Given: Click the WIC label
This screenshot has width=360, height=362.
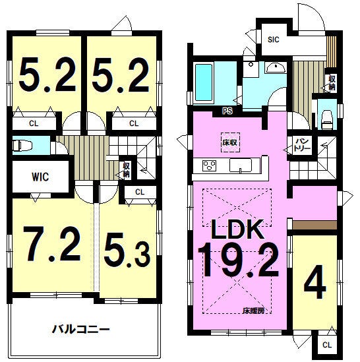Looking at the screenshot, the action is click(40, 177).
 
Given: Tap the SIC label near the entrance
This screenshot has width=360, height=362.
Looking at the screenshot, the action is click(274, 40).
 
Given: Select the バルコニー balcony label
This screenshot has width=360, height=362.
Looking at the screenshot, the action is click(81, 329).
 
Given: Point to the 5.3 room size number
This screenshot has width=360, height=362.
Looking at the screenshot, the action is click(127, 253).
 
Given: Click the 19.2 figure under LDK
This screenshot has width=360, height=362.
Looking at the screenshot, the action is click(238, 260).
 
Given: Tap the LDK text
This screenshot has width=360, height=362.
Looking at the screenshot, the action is click(237, 229).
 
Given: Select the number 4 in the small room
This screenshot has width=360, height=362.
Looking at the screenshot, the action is click(315, 282).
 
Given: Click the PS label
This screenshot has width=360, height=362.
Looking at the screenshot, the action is click(227, 111).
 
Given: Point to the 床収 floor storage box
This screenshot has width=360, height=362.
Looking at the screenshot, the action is click(230, 142).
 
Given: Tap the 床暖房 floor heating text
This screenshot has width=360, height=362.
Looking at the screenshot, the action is click(253, 311).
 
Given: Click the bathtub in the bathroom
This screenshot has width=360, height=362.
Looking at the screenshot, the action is click(204, 82).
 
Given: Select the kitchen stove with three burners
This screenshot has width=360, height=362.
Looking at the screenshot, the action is click(209, 166).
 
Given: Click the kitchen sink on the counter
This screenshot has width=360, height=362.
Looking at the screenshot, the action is click(241, 166).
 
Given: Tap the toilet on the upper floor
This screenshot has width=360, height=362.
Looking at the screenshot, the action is click(22, 146).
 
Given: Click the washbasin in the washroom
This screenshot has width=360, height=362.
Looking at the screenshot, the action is click(276, 68).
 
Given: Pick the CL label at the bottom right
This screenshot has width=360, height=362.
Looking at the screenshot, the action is click(327, 345).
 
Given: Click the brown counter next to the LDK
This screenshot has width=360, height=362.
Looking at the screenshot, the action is click(315, 225).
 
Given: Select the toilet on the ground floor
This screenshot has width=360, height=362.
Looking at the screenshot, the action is click(327, 119).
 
